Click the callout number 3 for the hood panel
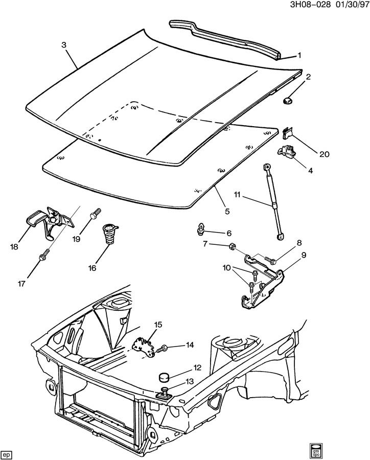pyautogui.click(x=64, y=45)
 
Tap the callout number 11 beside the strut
pyautogui.click(x=237, y=195)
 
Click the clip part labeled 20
pyautogui.click(x=288, y=133)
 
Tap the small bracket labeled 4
pyautogui.click(x=286, y=153)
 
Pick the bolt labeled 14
pyautogui.click(x=164, y=349)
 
